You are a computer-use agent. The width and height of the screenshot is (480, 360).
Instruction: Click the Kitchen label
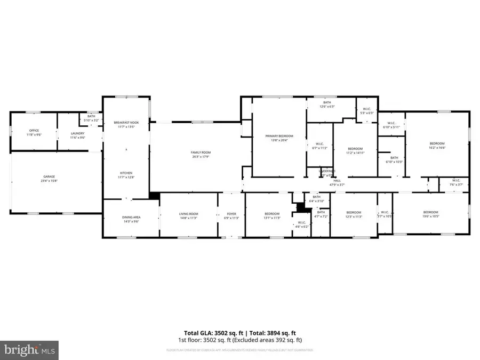[126, 175]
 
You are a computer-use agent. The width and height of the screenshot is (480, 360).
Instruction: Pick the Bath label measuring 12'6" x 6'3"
[327, 104]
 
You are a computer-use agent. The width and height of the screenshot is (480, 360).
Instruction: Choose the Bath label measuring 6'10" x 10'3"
[394, 159]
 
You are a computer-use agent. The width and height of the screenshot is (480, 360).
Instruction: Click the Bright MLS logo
[29, 350]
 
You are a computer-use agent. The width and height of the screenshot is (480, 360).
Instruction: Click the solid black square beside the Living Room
[155, 196]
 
